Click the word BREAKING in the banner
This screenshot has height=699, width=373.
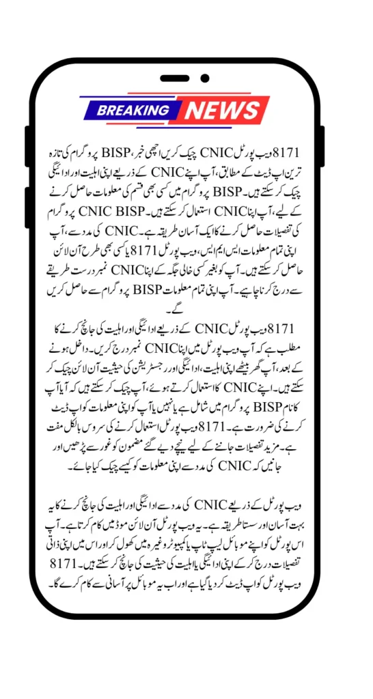point(133,110)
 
